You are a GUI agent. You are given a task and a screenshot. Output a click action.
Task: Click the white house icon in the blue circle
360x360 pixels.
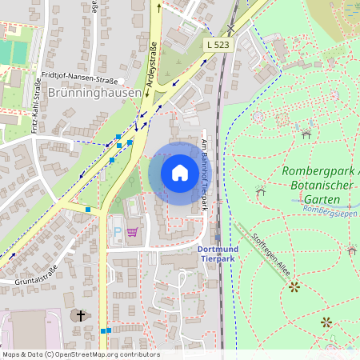(x=180, y=173)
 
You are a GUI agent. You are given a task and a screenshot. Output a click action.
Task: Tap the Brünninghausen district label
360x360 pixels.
(x=94, y=93)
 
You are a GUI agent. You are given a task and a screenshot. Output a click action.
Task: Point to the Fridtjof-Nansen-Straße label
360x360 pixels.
(x=78, y=79)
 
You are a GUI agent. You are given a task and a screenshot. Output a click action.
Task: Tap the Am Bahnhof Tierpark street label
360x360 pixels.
(x=205, y=174)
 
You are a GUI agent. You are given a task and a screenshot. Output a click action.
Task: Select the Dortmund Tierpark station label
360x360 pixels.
(x=218, y=253)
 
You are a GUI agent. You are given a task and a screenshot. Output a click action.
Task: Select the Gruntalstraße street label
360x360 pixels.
(x=38, y=274)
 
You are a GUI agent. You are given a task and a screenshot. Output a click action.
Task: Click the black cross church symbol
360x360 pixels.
(x=80, y=316)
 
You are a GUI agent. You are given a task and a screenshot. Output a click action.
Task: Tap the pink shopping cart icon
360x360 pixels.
(x=131, y=232)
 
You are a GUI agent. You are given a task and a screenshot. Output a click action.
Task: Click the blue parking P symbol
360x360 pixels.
(x=118, y=232)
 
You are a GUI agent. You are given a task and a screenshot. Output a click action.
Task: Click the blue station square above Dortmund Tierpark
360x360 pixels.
(x=218, y=237)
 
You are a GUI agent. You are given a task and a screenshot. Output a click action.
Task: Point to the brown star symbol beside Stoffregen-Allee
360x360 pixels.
(x=294, y=286)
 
